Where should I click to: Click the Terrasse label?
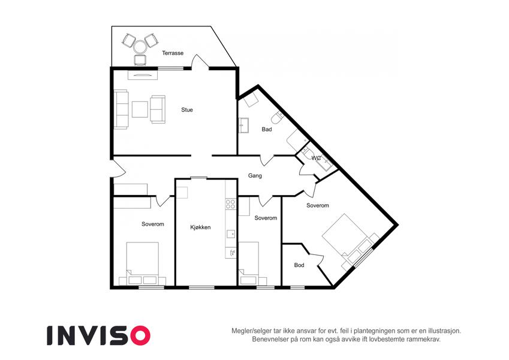[x=173, y=53]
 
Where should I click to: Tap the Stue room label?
[x=187, y=110]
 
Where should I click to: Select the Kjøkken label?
[x=200, y=227]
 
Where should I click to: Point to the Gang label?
[x=255, y=176]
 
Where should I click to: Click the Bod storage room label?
[x=299, y=265]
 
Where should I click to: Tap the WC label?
[x=316, y=158]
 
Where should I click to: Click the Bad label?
[x=267, y=130]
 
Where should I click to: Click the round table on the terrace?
[x=140, y=47]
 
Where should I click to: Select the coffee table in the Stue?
[x=140, y=109]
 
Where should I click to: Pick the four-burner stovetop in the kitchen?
[x=230, y=204]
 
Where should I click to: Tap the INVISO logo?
[x=99, y=335]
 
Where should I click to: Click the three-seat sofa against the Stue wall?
[x=121, y=109]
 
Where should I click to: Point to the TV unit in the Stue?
[x=143, y=75]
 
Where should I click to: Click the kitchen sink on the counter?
[x=231, y=234]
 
